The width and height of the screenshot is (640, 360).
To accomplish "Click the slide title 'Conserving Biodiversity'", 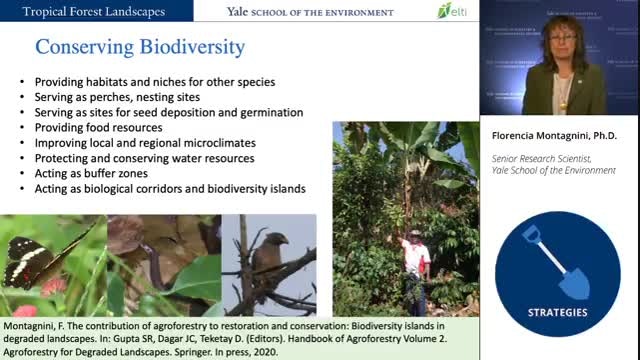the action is (x=140, y=47).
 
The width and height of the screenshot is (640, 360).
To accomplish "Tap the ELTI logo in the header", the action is (x=452, y=11).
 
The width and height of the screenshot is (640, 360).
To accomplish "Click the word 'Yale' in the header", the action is (x=237, y=12).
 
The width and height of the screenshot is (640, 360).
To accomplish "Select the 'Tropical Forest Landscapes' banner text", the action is (x=93, y=11).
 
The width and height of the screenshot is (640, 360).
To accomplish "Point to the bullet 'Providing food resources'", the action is (x=98, y=128).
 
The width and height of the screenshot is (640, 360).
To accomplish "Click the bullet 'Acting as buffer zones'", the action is (x=91, y=173).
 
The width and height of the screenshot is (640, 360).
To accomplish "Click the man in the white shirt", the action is (x=416, y=272).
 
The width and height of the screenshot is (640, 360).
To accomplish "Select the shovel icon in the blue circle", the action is (x=557, y=262).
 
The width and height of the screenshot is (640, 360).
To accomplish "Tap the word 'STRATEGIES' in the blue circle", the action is (x=558, y=313).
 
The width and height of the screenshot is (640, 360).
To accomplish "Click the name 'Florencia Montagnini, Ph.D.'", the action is (x=554, y=136).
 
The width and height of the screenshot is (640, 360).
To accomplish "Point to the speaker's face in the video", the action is (x=562, y=40).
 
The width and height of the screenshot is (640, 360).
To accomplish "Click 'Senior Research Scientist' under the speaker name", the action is (x=541, y=158).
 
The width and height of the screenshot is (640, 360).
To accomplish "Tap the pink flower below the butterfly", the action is (x=53, y=287).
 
